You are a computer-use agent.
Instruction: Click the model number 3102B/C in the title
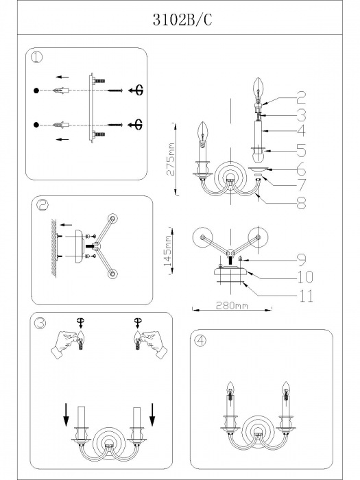(x=182, y=21)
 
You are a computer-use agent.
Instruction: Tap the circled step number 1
(x=37, y=57)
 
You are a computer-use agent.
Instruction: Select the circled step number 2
(x=43, y=205)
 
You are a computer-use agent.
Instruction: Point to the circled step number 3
(x=40, y=323)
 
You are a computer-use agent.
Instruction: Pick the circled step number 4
(x=200, y=340)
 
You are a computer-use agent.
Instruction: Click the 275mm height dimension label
(x=171, y=159)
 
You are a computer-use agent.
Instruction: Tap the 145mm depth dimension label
(x=169, y=250)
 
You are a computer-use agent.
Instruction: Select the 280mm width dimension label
(x=232, y=305)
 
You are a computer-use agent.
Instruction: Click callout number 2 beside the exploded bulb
(x=300, y=97)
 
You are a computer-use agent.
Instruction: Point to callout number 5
(x=300, y=150)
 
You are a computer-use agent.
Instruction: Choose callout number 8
(x=301, y=202)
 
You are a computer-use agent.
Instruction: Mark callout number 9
(x=301, y=260)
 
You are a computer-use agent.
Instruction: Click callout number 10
(x=305, y=277)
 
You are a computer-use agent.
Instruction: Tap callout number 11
(x=306, y=296)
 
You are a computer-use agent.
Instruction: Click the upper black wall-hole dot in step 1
(x=36, y=91)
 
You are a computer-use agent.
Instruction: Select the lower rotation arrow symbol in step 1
(x=136, y=124)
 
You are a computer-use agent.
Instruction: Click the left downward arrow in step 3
(x=66, y=415)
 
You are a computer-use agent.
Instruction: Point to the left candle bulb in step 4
(x=230, y=389)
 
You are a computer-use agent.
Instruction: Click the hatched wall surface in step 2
(x=54, y=248)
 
